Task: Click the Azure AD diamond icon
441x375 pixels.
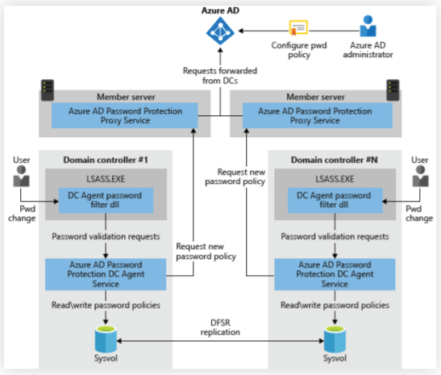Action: point(220,31)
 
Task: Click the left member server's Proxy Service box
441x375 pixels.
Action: point(119,114)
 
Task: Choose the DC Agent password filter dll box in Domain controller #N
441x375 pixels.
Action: point(331,199)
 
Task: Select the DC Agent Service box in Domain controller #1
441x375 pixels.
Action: point(106,273)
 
